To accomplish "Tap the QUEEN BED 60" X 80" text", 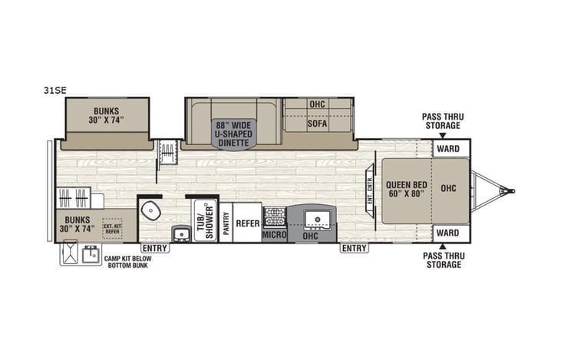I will click(x=406, y=189).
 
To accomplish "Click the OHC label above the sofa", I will click(x=317, y=104).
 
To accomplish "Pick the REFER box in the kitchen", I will click(x=247, y=223).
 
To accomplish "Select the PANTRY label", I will click(x=226, y=223).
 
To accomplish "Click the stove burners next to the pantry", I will click(x=274, y=216).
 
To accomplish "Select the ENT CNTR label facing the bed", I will click(x=369, y=188).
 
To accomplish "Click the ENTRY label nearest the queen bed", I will click(x=355, y=249).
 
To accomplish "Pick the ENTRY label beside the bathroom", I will click(x=155, y=249).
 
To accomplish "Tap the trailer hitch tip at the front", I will click(x=513, y=190).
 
